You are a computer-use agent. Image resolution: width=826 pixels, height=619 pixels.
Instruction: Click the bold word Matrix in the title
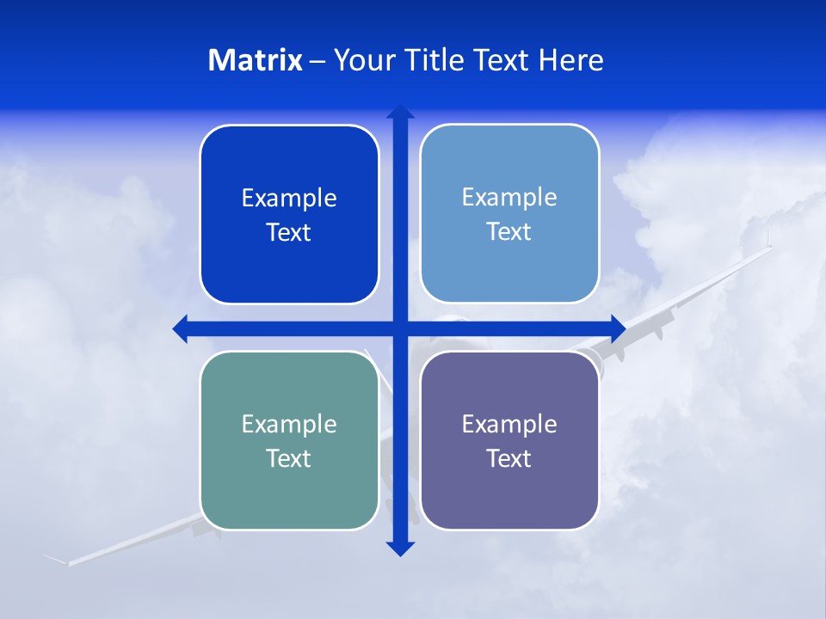pos(256,60)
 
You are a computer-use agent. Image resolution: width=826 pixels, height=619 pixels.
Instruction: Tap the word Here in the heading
pos(570,60)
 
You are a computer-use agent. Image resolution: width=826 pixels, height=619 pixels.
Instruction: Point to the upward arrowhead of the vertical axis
pos(400,112)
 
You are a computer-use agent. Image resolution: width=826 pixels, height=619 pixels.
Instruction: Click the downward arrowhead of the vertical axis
pos(400,549)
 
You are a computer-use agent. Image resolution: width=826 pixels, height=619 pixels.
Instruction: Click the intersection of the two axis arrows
pos(400,328)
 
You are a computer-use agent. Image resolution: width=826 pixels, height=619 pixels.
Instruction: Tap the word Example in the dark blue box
pos(289,199)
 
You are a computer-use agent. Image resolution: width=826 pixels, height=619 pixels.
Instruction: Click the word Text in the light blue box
pos(509,232)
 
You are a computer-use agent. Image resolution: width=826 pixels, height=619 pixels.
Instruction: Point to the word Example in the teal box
pos(289,425)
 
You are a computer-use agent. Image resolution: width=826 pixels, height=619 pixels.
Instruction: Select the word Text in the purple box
pos(509,459)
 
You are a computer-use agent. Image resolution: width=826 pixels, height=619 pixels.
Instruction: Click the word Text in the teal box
pos(289,459)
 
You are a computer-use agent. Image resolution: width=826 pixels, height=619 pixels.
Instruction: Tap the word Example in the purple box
pos(509,425)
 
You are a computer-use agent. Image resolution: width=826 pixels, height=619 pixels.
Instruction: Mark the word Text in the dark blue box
pos(289,233)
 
